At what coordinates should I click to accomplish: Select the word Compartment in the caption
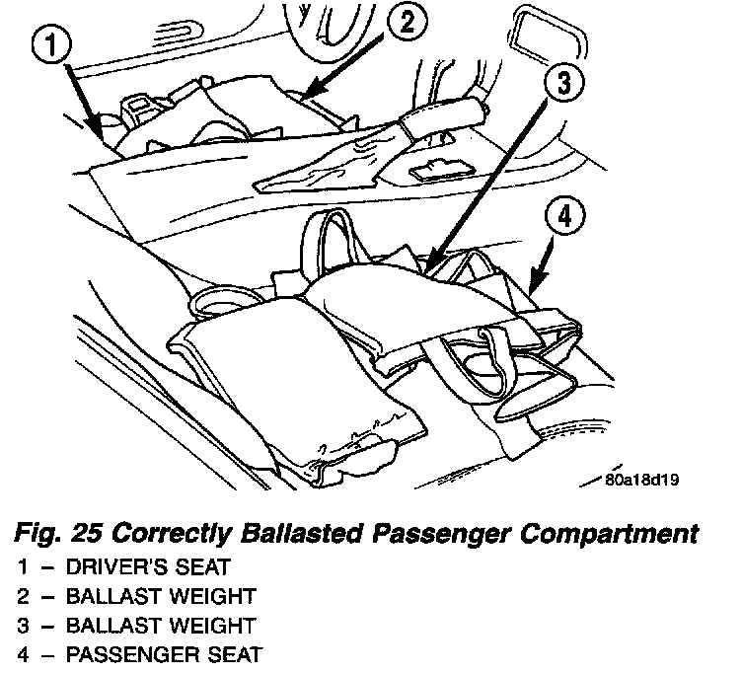point(612,536)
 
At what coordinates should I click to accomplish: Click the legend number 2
point(22,596)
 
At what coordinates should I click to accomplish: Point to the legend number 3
point(22,625)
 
